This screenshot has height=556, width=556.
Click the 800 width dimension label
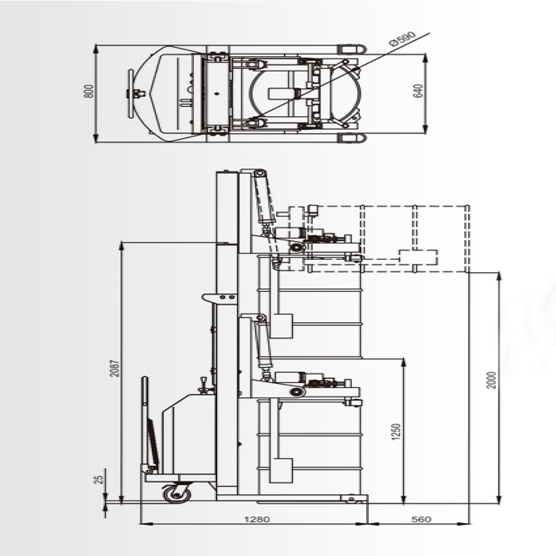point(89,91)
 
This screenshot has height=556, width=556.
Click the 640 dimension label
point(418,91)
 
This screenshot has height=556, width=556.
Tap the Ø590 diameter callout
point(402,39)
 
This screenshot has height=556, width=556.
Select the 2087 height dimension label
point(115,368)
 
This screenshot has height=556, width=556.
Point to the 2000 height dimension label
point(491,380)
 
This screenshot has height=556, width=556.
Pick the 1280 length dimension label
point(257,520)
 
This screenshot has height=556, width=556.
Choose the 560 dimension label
point(421,520)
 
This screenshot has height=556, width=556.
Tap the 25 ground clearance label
point(100,479)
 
